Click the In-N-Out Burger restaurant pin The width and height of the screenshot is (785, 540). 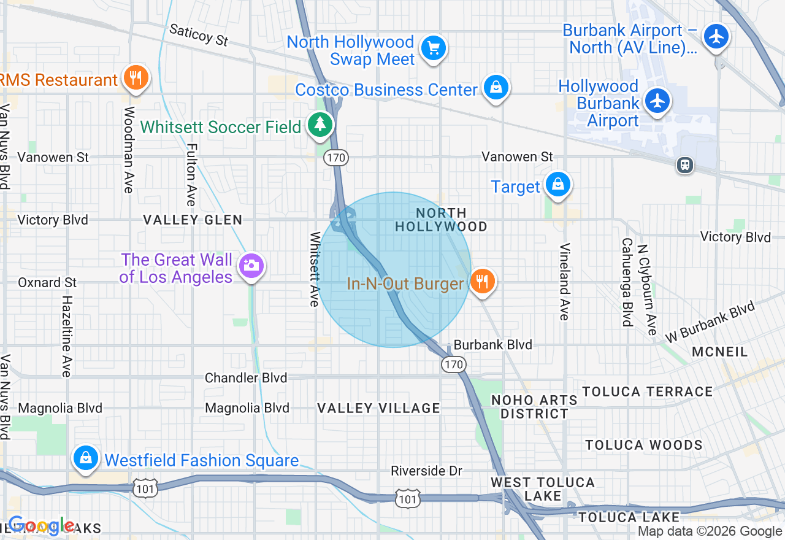pos(483,282)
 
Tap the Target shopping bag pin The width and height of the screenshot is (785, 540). pos(557,184)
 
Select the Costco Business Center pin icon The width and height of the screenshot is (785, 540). pos(496,88)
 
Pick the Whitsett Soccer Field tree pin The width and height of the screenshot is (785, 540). pos(320,125)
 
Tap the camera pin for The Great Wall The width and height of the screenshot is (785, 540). pos(251,266)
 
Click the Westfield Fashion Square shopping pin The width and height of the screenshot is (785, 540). pos(86,458)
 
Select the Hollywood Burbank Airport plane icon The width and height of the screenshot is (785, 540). pos(657,100)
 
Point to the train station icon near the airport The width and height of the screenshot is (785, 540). pos(685,164)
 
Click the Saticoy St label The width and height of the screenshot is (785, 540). pos(198,35)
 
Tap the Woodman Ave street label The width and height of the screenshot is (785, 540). pos(129,150)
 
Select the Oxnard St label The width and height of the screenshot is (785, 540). pos(47,282)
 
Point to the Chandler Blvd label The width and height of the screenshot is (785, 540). pos(246,378)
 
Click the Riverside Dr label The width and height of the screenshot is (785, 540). pos(427,471)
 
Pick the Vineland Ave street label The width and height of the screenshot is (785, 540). pos(564,282)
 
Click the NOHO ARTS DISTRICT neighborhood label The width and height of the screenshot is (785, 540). pos(534,407)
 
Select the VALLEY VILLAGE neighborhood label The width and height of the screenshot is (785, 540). pos(378,408)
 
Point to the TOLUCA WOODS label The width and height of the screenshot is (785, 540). pos(643,445)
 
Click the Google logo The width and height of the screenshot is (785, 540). pos(42,526)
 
